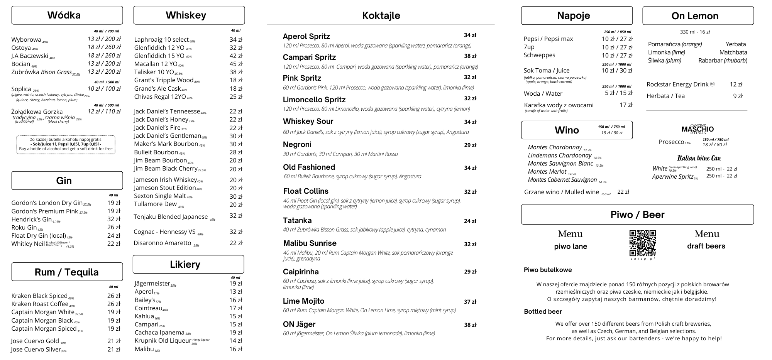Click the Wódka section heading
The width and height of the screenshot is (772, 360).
coord(64,15)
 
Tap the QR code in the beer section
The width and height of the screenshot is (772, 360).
coord(642,243)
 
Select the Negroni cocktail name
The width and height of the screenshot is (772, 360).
coord(297,145)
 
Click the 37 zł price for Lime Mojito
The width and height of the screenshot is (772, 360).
coord(470,302)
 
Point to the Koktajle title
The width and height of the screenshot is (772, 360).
coord(381,16)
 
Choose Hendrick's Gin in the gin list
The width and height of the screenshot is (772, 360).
coord(32,219)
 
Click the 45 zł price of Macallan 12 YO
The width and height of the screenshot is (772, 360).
coord(236,64)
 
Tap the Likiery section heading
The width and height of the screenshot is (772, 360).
coord(185,264)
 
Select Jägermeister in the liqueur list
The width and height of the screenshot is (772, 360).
coord(152,284)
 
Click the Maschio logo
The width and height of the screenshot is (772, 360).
coord(698,129)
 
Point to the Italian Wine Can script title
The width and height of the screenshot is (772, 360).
coord(699,158)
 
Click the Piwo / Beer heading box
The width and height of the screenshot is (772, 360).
coord(637,215)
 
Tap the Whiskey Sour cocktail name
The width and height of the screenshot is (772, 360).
coord(308,122)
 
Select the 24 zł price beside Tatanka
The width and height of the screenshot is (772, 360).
coord(470,221)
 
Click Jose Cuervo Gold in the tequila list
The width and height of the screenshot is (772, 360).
coord(35,341)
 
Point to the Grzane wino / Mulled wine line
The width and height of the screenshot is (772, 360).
coord(561,192)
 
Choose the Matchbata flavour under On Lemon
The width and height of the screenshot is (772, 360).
coord(733,52)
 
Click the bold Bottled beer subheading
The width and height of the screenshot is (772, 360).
coord(543,312)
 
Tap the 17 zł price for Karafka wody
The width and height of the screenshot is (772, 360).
coord(626,105)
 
